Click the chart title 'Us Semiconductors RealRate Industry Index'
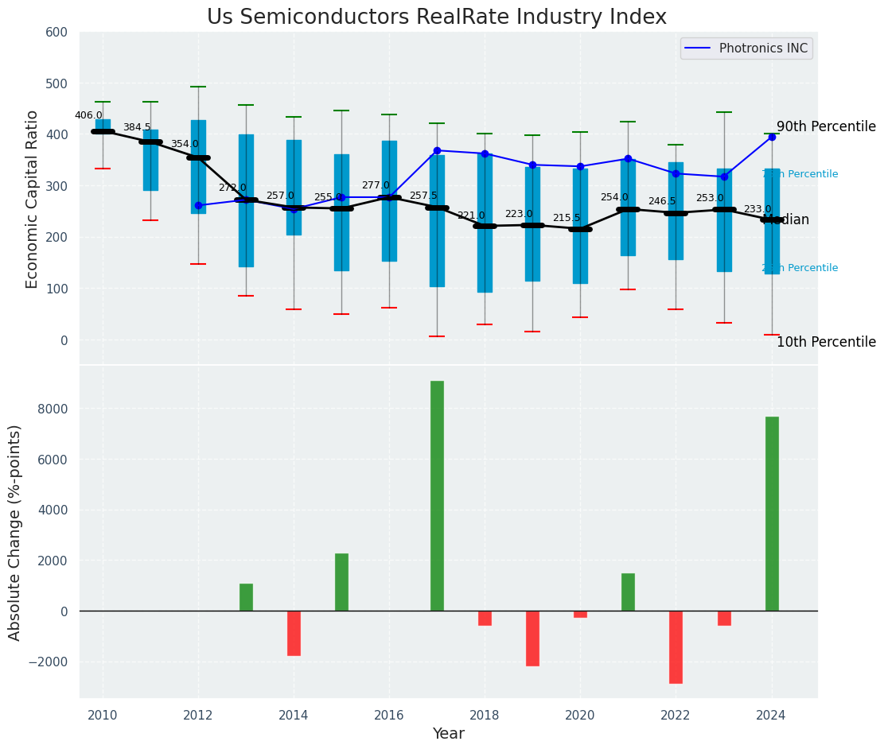pyautogui.click(x=436, y=17)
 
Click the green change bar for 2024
pyautogui.click(x=772, y=514)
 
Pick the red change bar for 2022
pyautogui.click(x=676, y=646)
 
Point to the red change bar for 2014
pyautogui.click(x=294, y=633)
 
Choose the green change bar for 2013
pyautogui.click(x=246, y=597)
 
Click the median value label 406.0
pyautogui.click(x=88, y=115)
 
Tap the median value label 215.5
pyautogui.click(x=567, y=218)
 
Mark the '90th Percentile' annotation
pyautogui.click(x=826, y=127)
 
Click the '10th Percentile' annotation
pyautogui.click(x=826, y=342)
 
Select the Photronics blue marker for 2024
pyautogui.click(x=772, y=137)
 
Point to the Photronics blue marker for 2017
pyautogui.click(x=437, y=150)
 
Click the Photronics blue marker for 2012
pyautogui.click(x=198, y=205)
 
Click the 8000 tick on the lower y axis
pyautogui.click(x=52, y=409)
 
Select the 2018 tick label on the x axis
pyautogui.click(x=485, y=715)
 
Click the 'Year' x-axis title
pyautogui.click(x=448, y=734)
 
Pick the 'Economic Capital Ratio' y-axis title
pyautogui.click(x=32, y=199)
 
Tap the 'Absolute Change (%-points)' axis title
pyautogui.click(x=15, y=532)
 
